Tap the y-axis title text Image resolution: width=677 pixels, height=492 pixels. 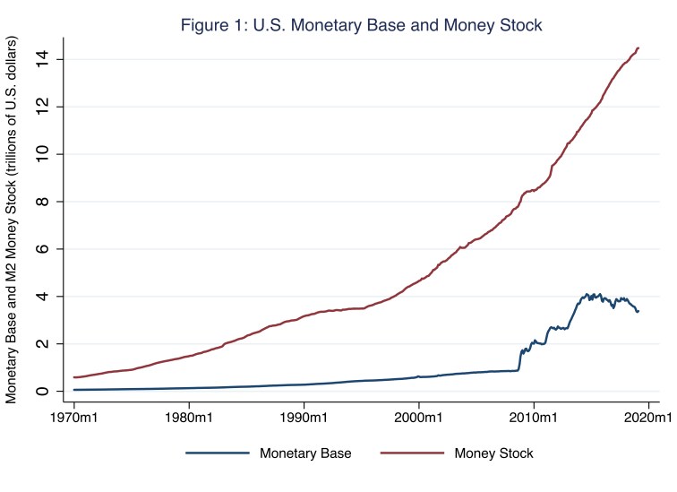[13, 220]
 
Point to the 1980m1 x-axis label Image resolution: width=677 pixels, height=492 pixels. [189, 418]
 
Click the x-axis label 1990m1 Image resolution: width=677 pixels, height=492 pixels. [304, 418]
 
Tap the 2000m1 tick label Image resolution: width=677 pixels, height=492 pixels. [419, 418]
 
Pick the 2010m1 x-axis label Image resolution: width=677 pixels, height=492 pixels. [535, 418]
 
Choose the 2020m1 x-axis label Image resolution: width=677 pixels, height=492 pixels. [648, 418]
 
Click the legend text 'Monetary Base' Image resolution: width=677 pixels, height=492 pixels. [306, 453]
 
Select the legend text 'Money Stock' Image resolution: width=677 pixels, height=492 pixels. [493, 453]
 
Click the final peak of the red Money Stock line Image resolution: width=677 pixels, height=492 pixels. [638, 47]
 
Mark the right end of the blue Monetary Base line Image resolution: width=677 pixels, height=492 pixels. [638, 311]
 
